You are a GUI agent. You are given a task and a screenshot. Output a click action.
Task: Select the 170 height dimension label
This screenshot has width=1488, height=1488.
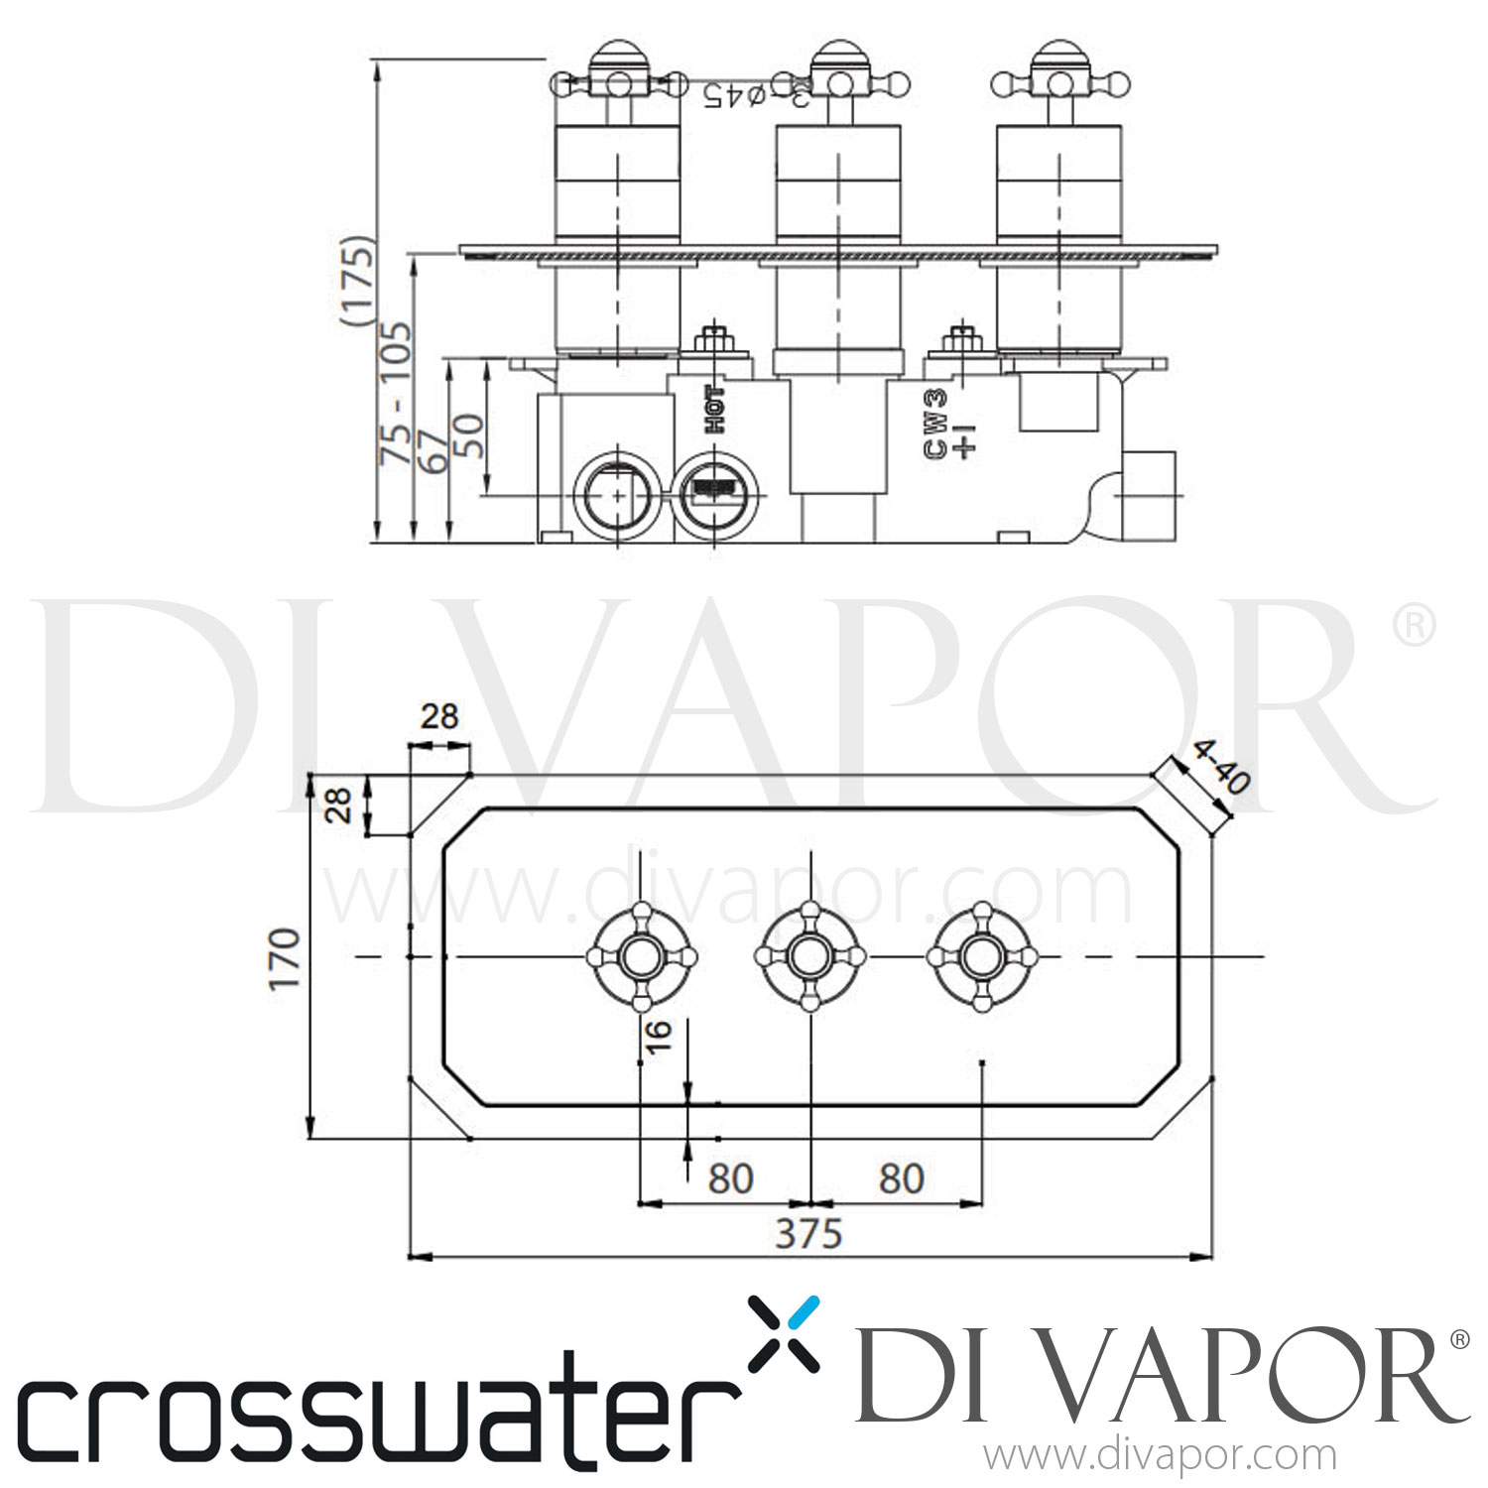click(285, 957)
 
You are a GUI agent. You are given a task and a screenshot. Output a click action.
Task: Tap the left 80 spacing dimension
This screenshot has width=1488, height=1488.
click(731, 1178)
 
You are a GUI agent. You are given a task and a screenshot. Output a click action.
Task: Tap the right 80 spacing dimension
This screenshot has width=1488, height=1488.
click(901, 1178)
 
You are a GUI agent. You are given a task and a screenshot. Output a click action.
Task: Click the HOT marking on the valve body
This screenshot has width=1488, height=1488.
click(714, 410)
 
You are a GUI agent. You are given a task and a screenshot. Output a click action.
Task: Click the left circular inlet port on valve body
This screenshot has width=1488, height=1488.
click(617, 493)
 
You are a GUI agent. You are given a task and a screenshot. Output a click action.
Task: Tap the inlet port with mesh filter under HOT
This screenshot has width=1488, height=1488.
click(716, 493)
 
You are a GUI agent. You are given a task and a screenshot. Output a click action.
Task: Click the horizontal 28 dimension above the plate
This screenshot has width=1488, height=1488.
click(439, 715)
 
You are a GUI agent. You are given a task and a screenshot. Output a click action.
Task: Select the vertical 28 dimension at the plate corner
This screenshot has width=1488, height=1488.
click(340, 805)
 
